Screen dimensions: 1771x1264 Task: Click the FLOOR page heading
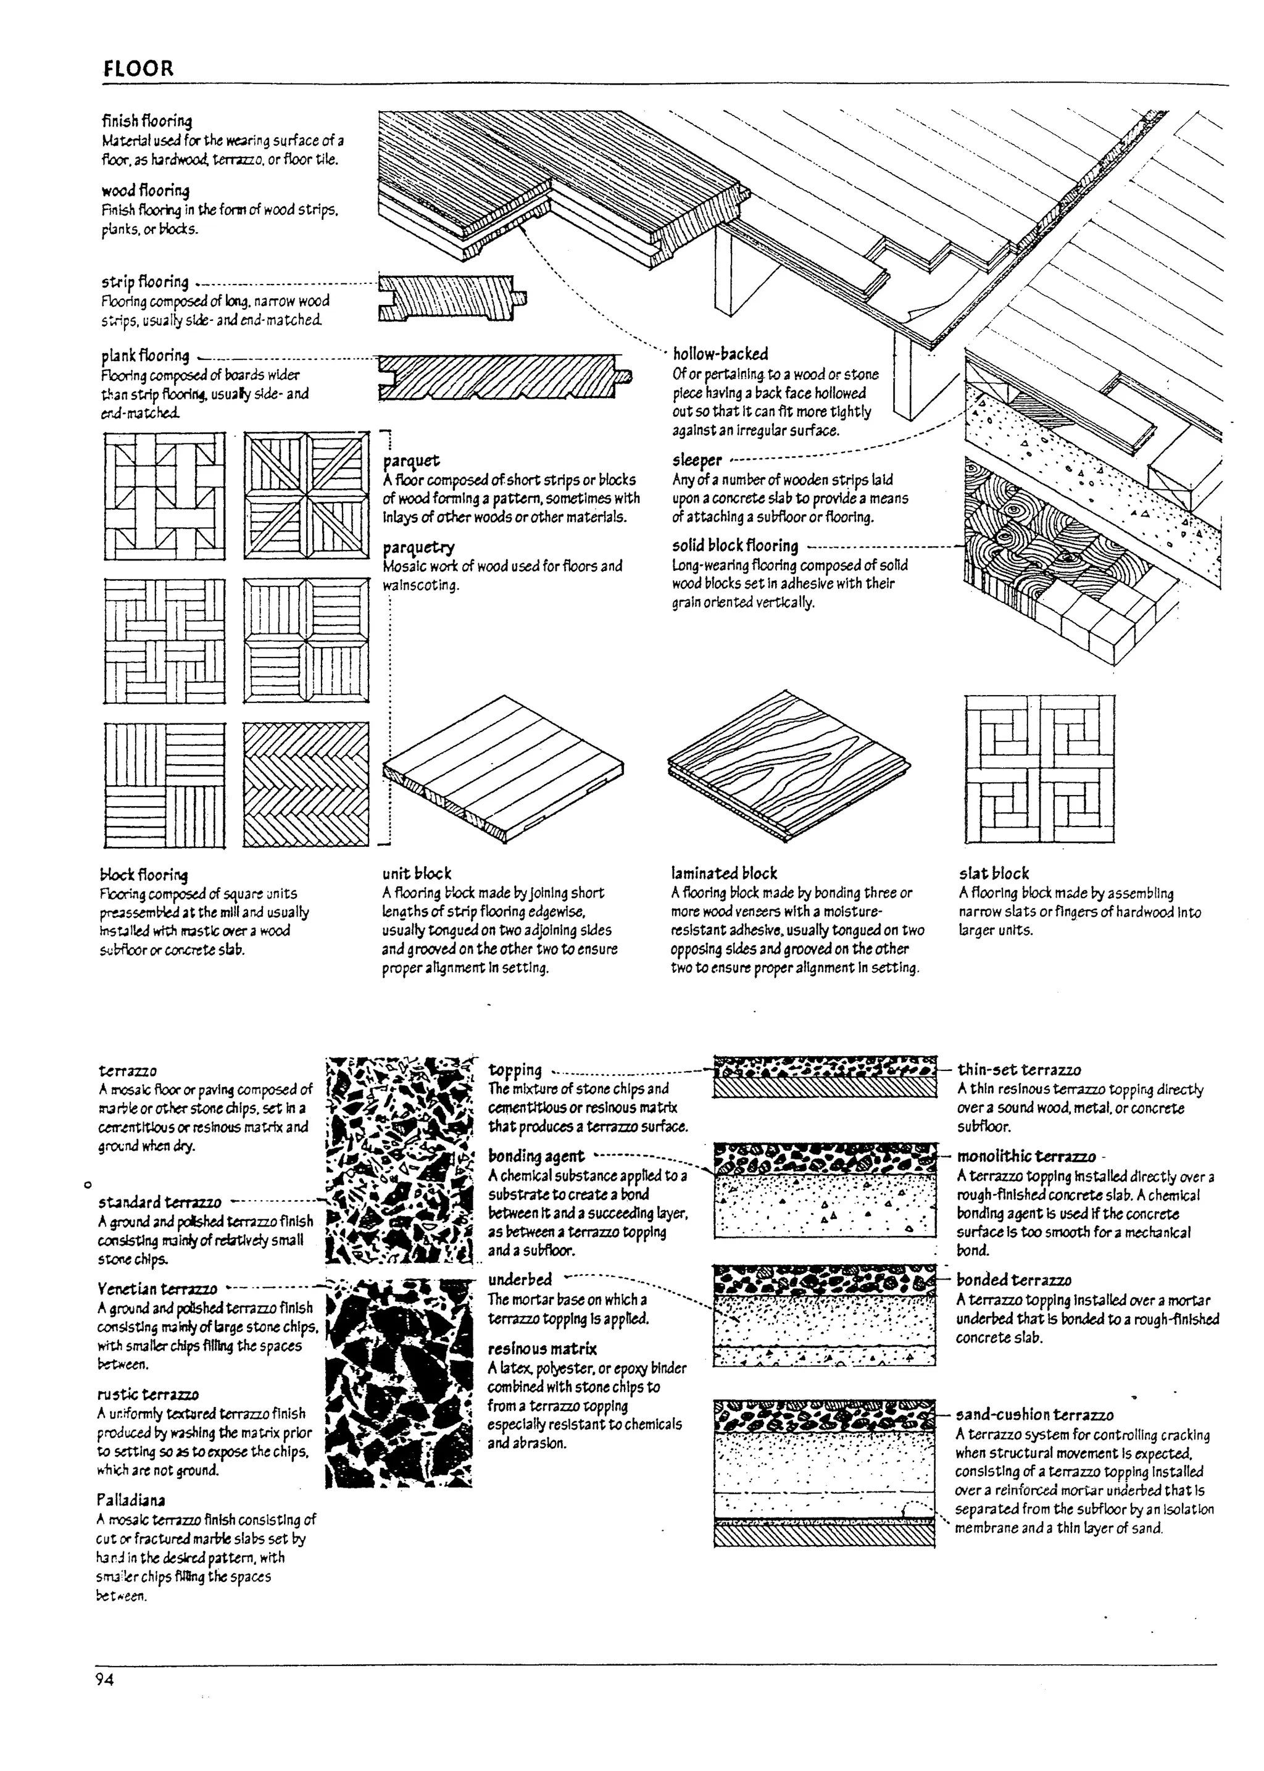[x=138, y=69]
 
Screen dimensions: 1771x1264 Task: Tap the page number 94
[x=104, y=1679]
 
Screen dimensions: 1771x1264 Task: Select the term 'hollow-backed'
[x=720, y=354]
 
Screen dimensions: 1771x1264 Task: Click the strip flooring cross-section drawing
[x=451, y=298]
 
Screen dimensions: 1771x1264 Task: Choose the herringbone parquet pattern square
[x=306, y=785]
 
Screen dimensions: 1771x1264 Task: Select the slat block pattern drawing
[x=1039, y=769]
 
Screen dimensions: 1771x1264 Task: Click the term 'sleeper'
[x=697, y=460]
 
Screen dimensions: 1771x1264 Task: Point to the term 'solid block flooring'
[x=734, y=546]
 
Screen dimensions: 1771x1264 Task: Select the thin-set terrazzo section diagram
[x=825, y=1076]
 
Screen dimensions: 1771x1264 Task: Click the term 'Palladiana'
[x=131, y=1500]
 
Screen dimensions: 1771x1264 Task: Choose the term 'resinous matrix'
[x=542, y=1349]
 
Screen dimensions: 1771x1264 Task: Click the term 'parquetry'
[x=418, y=548]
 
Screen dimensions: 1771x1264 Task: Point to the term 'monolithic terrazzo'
[x=1025, y=1157]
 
